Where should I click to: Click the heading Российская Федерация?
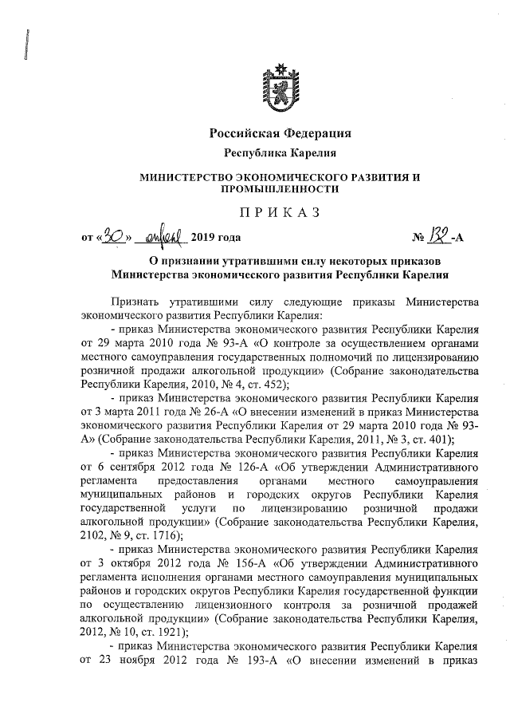click(279, 132)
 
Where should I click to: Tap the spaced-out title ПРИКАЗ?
click(279, 211)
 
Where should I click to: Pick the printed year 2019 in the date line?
click(204, 238)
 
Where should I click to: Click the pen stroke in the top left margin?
click(28, 52)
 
